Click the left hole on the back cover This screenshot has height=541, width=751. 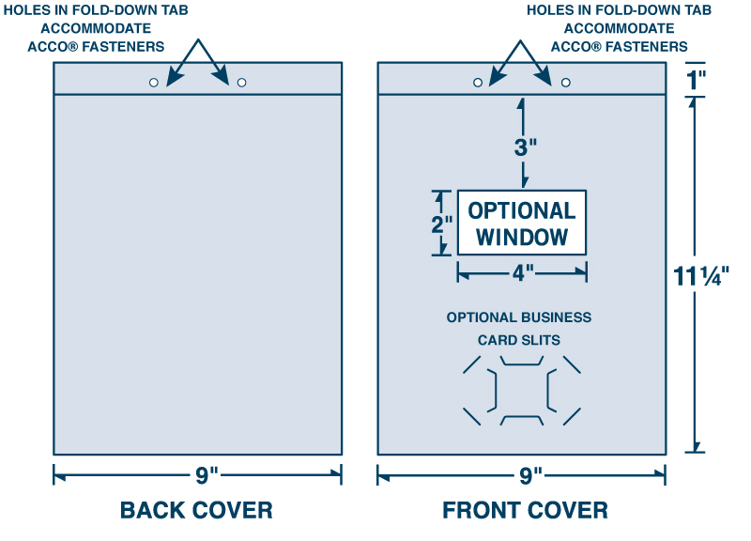pos(154,83)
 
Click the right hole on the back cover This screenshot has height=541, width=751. pos(241,83)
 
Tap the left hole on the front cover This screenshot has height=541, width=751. pos(478,83)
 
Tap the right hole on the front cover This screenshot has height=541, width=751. pos(566,83)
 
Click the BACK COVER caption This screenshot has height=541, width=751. pos(196,510)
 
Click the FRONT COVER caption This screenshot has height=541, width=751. pos(525,510)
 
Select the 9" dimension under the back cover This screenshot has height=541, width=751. pos(207,475)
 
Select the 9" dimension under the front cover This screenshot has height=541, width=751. pos(530,475)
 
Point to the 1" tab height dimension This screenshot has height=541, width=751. pos(696,80)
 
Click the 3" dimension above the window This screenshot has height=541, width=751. pos(525,147)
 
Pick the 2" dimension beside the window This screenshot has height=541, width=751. pos(442,225)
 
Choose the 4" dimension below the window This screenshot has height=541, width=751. pos(523,273)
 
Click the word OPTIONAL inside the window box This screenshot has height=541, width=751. pos(522,210)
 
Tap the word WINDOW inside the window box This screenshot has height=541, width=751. pos(522,237)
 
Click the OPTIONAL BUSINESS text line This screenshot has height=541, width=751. pos(519,317)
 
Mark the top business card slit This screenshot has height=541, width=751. pos(520,361)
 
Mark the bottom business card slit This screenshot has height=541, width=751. pos(520,419)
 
